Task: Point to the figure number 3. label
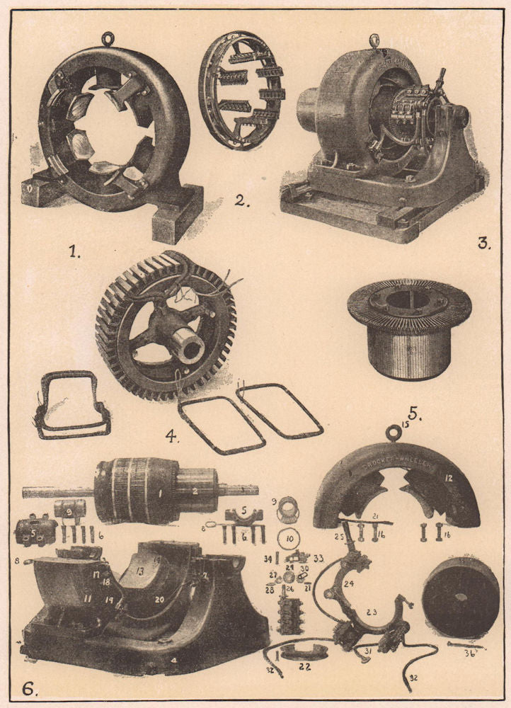pyautogui.click(x=483, y=244)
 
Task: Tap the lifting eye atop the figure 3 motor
pyautogui.click(x=374, y=40)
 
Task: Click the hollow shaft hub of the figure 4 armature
pyautogui.click(x=190, y=347)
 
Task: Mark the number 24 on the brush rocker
pyautogui.click(x=348, y=584)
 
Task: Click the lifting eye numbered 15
pyautogui.click(x=406, y=430)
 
